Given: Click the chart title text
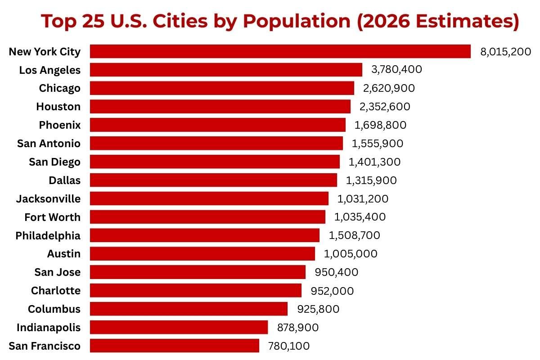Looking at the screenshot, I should (280, 21).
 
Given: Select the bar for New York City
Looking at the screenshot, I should (280, 51).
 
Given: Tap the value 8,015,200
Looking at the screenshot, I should (506, 51).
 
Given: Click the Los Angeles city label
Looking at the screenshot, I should (50, 70).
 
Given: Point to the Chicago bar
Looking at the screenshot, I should (222, 88).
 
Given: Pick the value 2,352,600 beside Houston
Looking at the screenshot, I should (385, 107).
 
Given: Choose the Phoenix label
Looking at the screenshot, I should (59, 125).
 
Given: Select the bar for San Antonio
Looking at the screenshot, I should (216, 143).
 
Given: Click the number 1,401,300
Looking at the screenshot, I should (374, 162).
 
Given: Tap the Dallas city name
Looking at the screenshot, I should (65, 180).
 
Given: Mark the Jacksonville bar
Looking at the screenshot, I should (209, 198).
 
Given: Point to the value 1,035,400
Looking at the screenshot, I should (360, 217).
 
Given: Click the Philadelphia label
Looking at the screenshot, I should (48, 235).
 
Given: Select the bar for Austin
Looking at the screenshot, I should (202, 254).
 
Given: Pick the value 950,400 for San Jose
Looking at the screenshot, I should (337, 272).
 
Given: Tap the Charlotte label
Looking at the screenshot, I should (56, 291).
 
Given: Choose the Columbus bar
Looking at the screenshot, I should (189, 309).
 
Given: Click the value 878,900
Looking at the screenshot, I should (298, 327).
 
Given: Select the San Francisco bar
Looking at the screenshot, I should (175, 346).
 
